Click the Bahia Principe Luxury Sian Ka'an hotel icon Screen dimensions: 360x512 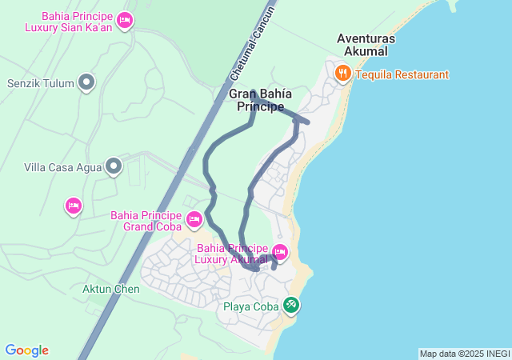[124, 19]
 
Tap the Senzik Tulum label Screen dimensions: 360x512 [40, 82]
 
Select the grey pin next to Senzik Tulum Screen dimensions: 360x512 [87, 82]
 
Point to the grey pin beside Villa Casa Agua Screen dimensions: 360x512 [114, 166]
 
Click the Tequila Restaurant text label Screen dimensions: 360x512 [402, 74]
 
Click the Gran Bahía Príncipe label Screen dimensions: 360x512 [260, 100]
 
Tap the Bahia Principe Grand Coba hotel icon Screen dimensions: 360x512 [194, 218]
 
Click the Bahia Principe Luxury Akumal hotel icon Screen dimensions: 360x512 [279, 250]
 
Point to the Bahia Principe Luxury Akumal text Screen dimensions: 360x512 [232, 254]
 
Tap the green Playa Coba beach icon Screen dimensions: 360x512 [291, 305]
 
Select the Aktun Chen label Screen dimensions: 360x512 [110, 289]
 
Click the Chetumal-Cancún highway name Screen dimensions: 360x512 [252, 44]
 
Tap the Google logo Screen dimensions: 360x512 [26, 350]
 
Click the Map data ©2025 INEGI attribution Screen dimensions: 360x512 [464, 354]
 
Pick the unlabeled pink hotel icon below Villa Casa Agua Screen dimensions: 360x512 [73, 206]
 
